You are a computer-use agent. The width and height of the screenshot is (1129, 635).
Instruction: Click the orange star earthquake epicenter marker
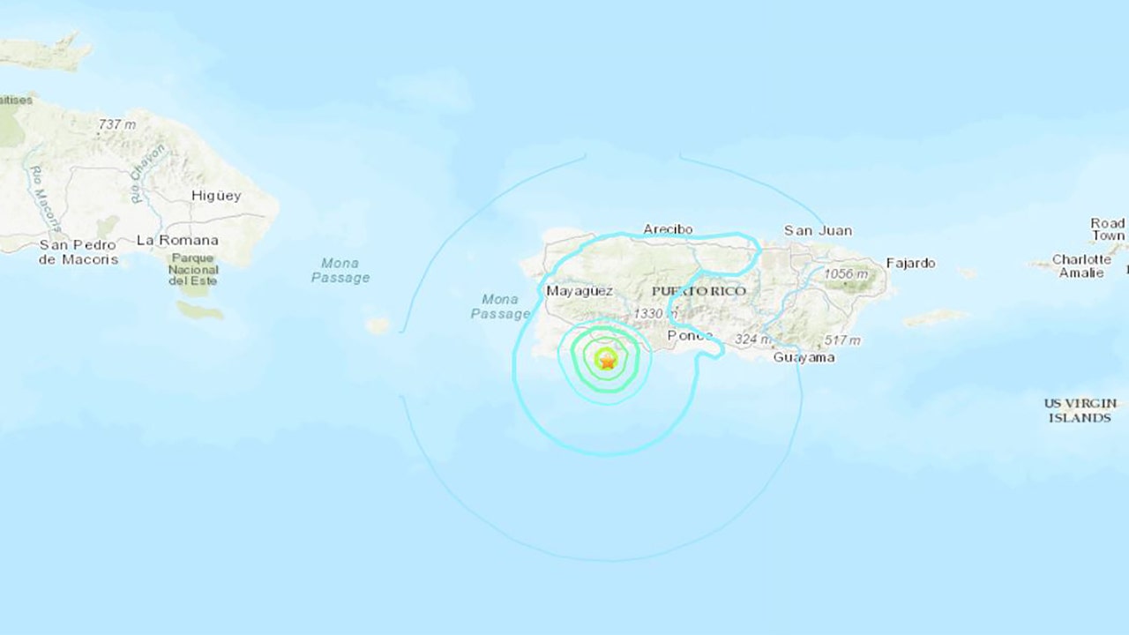[607, 359]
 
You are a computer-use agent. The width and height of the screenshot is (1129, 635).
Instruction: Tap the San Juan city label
[819, 230]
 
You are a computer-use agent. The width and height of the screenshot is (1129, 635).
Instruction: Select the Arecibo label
[668, 229]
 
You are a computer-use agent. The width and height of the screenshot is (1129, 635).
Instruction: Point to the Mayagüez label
[579, 290]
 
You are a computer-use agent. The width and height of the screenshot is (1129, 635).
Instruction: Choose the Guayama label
[804, 357]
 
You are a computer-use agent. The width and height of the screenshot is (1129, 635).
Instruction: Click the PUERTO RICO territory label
[699, 290]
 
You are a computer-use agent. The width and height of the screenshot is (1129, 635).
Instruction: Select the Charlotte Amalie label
[1082, 266]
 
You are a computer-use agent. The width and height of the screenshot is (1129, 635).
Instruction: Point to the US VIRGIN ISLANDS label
[1080, 410]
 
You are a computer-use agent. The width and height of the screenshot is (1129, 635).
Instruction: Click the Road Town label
[1108, 229]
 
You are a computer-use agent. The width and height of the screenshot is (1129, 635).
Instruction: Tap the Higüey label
[215, 196]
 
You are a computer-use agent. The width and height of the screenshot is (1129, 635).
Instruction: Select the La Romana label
[177, 240]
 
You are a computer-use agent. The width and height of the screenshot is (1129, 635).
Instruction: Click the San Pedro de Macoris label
[78, 251]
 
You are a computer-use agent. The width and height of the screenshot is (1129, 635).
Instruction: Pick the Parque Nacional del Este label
[193, 268]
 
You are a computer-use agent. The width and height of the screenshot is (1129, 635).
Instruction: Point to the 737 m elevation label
[117, 124]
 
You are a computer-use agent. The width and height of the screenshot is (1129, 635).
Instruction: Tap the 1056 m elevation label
[845, 274]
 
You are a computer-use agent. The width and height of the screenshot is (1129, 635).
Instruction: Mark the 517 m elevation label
[841, 340]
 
